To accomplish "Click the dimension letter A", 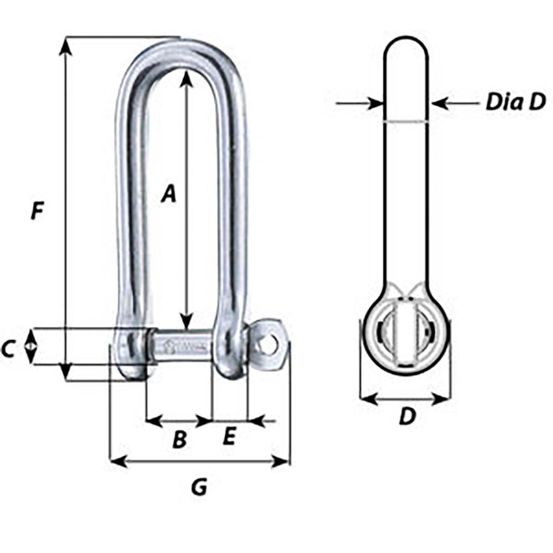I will pos(168,194).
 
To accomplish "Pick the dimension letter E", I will pos(229,437).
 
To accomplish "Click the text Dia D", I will pos(515,102).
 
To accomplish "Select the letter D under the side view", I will pos(407,416).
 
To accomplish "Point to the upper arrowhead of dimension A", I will pos(186,79).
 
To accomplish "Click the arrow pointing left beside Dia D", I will pos(441,104).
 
